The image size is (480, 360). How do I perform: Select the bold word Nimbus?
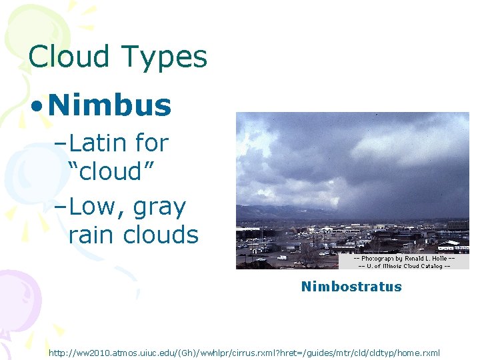[x=110, y=105]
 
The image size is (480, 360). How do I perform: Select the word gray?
[x=159, y=208]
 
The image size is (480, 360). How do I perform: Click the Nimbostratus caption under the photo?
[x=351, y=287]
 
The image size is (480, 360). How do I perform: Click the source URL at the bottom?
[x=244, y=351]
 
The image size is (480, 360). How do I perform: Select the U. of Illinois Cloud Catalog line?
[x=404, y=265]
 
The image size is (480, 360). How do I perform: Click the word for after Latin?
[x=151, y=143]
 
